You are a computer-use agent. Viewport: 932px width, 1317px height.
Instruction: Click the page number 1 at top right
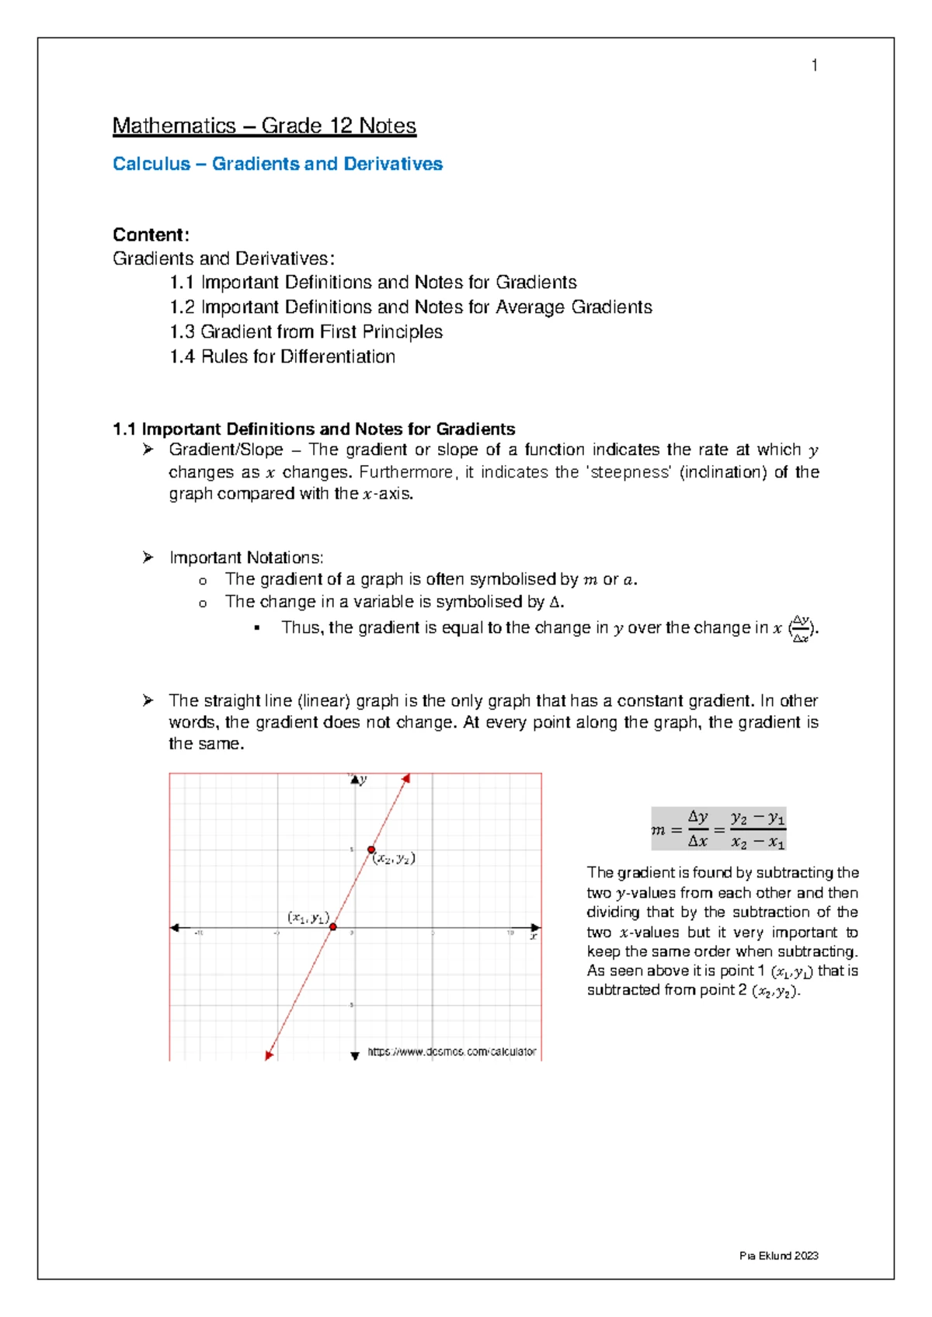(814, 65)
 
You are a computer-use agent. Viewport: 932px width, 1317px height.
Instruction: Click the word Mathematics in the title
(174, 126)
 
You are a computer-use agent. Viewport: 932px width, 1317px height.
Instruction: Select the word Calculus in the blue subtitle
(151, 164)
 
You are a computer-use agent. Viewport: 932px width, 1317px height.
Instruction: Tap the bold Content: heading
(151, 235)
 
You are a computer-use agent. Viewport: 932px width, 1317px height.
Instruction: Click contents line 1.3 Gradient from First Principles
(306, 332)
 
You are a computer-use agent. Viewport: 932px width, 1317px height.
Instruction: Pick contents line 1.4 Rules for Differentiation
(283, 356)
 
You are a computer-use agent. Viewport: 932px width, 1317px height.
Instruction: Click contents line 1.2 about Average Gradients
(411, 307)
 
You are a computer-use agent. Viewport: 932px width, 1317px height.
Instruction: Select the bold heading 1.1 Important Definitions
(314, 429)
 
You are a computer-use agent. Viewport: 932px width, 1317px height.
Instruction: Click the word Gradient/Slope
(226, 450)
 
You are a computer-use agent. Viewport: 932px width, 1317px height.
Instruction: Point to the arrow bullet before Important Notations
(148, 557)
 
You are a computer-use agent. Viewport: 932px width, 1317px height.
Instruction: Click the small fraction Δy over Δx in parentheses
(802, 629)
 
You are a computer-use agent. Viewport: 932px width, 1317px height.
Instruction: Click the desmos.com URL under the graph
(451, 1051)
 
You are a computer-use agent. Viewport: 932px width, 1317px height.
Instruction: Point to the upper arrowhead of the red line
(405, 778)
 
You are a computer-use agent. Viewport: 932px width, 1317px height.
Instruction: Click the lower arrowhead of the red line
(269, 1055)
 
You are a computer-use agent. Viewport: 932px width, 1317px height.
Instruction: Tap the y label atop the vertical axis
(363, 780)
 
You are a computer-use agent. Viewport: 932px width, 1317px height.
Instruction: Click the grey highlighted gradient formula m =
(718, 829)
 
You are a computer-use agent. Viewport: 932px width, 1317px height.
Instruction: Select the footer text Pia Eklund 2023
(779, 1256)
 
